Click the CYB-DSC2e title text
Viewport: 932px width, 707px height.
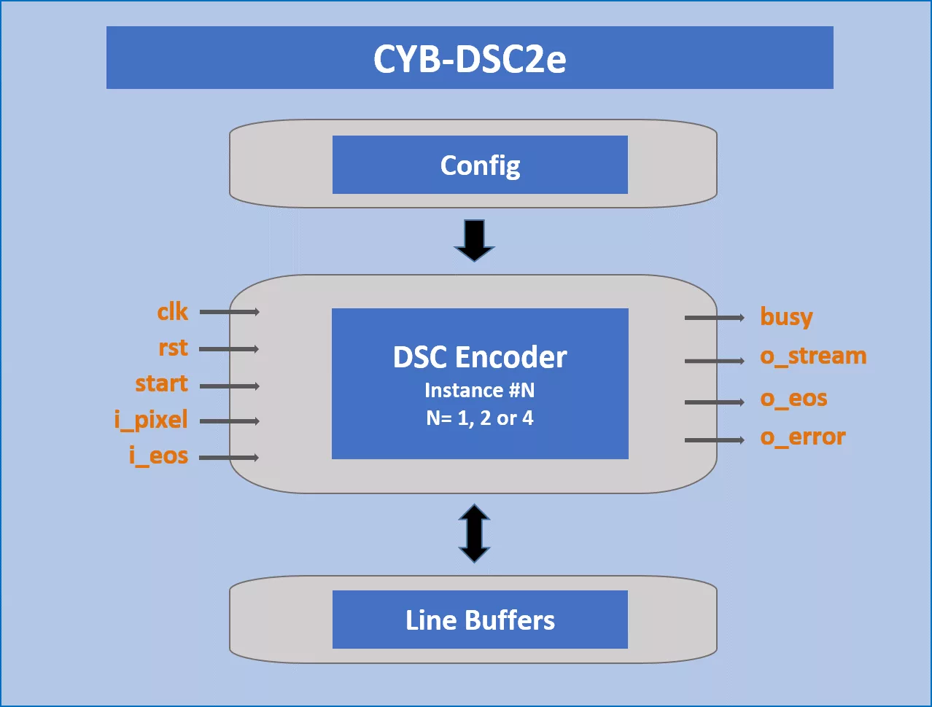pos(470,59)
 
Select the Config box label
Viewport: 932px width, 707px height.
pos(480,166)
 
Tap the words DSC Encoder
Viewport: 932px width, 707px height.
pos(480,357)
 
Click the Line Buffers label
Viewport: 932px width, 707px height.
pos(480,620)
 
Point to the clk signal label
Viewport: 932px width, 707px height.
pos(172,311)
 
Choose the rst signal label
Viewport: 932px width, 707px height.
pos(174,348)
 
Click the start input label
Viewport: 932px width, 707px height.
pos(161,383)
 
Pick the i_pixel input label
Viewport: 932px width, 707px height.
pos(151,420)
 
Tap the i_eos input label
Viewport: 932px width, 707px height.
pos(159,456)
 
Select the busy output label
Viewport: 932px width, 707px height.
pos(786,317)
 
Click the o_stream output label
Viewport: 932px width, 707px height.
pos(813,356)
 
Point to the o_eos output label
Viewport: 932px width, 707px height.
pos(793,399)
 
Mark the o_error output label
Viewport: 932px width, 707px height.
pos(803,437)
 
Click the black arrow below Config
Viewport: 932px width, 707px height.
pos(474,241)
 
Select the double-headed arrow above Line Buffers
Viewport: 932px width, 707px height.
pos(474,533)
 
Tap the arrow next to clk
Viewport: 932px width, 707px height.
pos(229,312)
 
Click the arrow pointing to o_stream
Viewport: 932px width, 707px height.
pos(715,361)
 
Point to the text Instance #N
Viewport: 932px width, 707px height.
pos(480,390)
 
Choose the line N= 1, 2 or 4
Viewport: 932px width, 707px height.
pos(480,418)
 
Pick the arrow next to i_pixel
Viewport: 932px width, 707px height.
pos(229,421)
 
